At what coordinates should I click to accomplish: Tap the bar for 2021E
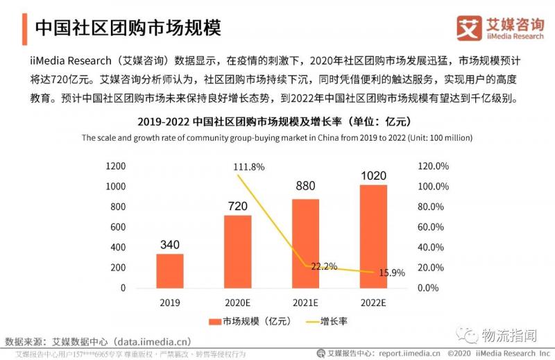[305, 243]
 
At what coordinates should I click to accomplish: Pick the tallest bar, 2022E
[373, 236]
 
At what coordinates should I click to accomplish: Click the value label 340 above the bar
[170, 244]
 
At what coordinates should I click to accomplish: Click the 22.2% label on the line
[324, 266]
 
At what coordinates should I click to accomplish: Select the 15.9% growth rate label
[391, 273]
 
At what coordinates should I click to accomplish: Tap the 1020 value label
[373, 175]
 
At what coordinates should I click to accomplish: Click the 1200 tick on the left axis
[116, 166]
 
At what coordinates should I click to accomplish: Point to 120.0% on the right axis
[434, 166]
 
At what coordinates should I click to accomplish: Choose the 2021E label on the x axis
[305, 303]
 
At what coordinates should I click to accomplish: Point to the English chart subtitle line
[277, 137]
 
